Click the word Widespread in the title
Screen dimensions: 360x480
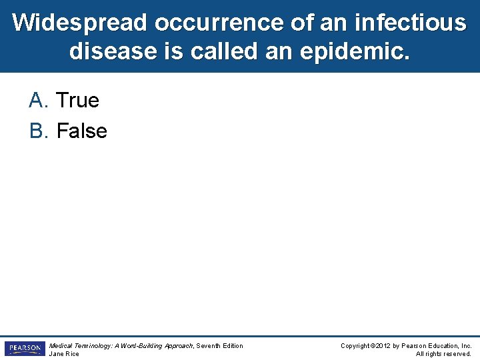[80, 23]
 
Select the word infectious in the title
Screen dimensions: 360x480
[411, 23]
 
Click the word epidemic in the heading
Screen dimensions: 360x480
[354, 51]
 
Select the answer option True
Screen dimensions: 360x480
[77, 101]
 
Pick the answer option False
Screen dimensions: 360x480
[81, 131]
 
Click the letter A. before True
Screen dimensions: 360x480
[39, 101]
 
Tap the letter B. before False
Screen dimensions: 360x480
[39, 131]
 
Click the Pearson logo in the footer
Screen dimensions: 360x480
[25, 349]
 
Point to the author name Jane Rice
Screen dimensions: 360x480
[64, 354]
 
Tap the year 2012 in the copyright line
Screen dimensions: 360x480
[382, 346]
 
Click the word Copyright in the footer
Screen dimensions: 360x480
[355, 346]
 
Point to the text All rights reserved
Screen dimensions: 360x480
[443, 354]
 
